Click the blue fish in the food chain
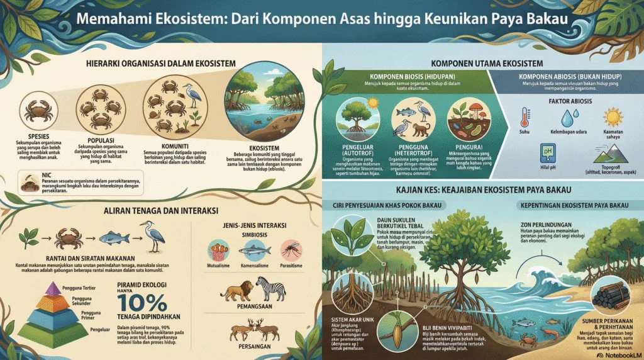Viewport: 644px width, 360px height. (109, 240)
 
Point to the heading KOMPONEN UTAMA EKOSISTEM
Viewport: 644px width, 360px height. (480, 64)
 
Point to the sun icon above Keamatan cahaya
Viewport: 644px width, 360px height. (611, 117)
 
